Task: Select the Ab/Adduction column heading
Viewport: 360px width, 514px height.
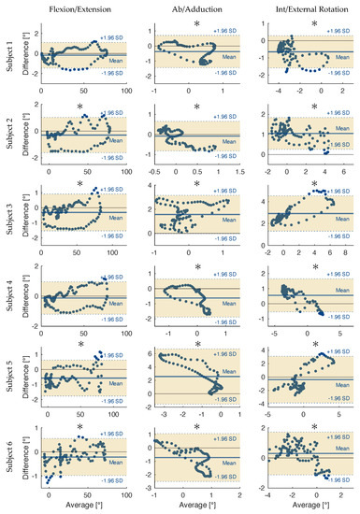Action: pyautogui.click(x=195, y=10)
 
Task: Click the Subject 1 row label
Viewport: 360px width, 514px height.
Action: pyautogui.click(x=10, y=54)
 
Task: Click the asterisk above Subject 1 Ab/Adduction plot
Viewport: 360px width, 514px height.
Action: pyautogui.click(x=196, y=23)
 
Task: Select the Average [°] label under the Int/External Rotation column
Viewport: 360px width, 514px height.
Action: pyautogui.click(x=310, y=505)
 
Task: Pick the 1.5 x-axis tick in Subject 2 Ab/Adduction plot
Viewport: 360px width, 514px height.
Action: pyautogui.click(x=240, y=172)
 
